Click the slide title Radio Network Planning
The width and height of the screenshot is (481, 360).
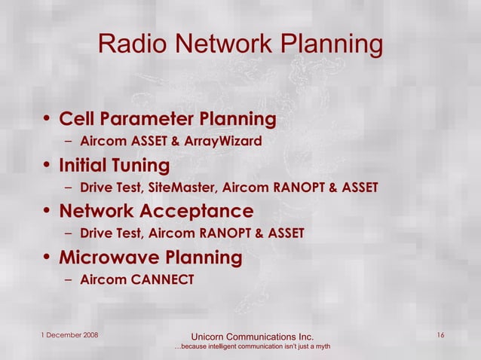pos(240,44)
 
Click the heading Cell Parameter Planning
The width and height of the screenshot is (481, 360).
pos(167,119)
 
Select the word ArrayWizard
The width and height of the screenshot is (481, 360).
pos(225,141)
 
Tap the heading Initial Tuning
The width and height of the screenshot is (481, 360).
pos(115,165)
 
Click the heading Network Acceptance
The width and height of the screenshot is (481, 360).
pos(156,211)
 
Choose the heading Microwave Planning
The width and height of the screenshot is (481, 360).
pos(151,258)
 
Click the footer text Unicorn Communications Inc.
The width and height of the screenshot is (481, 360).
pos(252,336)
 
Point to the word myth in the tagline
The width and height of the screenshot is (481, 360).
pos(322,346)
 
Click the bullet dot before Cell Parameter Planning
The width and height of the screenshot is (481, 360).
pos(47,120)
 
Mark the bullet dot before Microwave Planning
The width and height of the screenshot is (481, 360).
pos(47,258)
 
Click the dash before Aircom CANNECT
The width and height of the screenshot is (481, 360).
pos(69,279)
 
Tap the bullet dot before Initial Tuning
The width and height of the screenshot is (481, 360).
pos(47,166)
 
